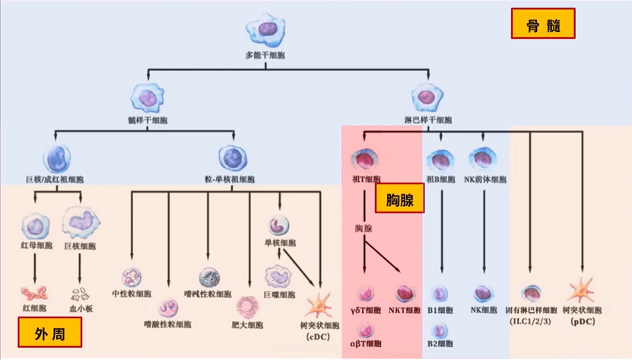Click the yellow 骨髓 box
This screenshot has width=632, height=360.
(x=543, y=24)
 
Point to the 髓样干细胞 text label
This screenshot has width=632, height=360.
(x=148, y=120)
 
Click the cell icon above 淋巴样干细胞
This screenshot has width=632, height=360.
(x=427, y=97)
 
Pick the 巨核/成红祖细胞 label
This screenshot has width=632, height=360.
(x=55, y=180)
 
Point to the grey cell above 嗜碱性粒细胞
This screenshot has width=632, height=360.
(x=209, y=278)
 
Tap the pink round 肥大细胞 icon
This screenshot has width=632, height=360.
(x=249, y=306)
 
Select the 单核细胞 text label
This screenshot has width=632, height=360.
(x=279, y=244)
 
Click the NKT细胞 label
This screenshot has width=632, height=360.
(x=403, y=311)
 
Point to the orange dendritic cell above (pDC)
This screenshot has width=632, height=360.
(x=582, y=292)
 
